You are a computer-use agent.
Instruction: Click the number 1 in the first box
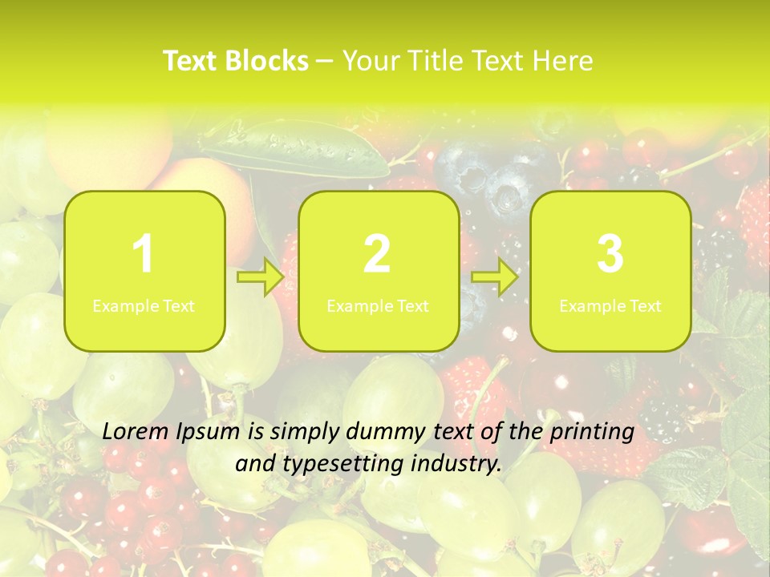pos(143,255)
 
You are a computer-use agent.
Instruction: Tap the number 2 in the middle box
pos(377,255)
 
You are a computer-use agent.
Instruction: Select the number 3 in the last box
pos(610,255)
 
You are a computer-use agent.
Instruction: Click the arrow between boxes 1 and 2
pos(261,278)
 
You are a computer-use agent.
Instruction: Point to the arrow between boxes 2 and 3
pos(495,278)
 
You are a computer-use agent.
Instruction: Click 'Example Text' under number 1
pos(144,306)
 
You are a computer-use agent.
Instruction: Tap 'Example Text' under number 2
pos(378,306)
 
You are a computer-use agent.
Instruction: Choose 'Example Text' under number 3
pos(610,306)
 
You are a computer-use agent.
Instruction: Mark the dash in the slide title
pos(325,62)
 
